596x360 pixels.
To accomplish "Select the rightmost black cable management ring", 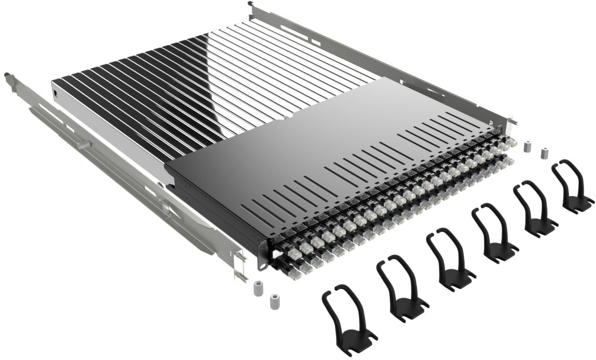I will [572, 185].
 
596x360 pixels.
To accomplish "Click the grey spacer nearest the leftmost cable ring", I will [274, 300].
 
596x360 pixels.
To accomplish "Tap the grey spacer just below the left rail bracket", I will [258, 289].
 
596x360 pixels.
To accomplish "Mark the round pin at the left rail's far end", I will [8, 75].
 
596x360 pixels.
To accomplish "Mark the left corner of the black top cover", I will [166, 166].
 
